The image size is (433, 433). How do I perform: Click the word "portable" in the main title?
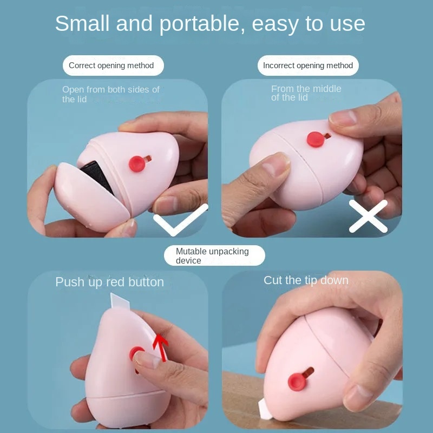pos(199,24)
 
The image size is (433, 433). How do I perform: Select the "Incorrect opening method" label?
pos(308,65)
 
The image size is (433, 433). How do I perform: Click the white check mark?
pos(181,220)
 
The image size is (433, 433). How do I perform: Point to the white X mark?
pos(368,216)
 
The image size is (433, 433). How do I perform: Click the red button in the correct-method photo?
pos(137,163)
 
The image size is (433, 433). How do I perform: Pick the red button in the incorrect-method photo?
pos(316,139)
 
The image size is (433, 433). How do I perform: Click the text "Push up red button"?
pos(110,282)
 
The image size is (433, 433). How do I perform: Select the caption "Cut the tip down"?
pos(306,280)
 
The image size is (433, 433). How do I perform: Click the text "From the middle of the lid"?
pos(306,93)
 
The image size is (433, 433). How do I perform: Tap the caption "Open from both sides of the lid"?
pos(111,94)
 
